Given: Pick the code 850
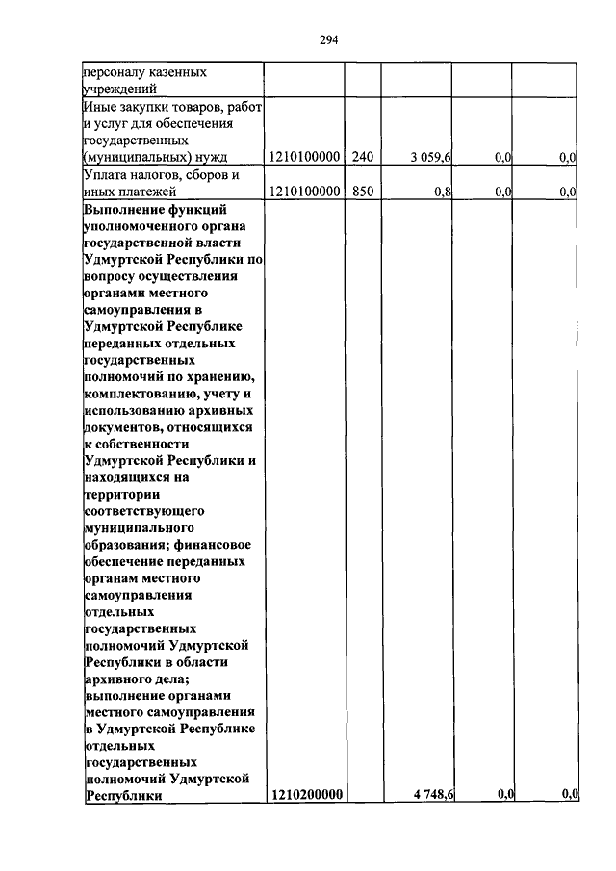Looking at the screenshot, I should click(362, 192).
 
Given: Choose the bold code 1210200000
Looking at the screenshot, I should click(307, 794).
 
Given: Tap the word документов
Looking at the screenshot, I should click(122, 426).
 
